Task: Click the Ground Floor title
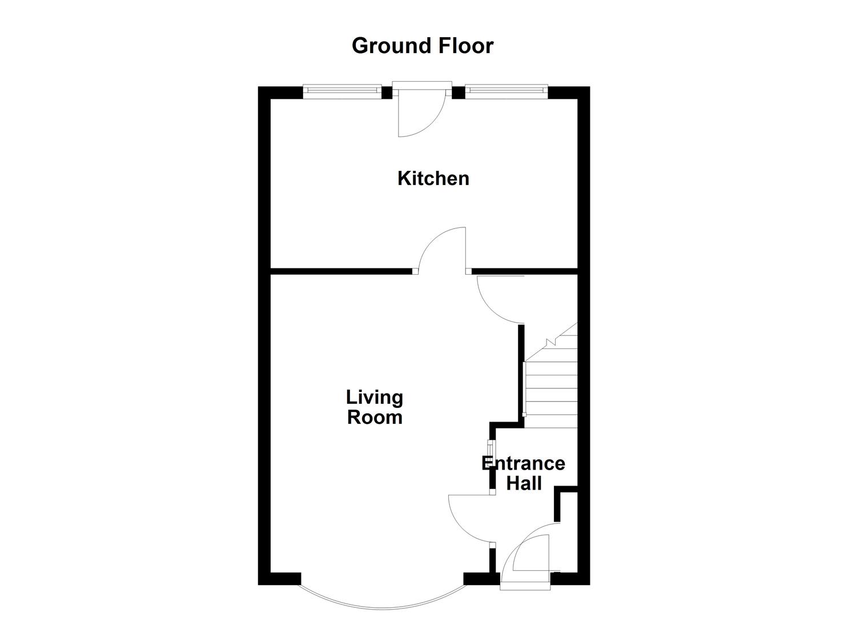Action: [x=422, y=46]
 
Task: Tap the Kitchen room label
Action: [x=433, y=178]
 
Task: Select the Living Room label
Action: [x=375, y=407]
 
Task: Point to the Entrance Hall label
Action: [x=524, y=473]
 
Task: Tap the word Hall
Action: [x=524, y=483]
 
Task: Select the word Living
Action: [x=375, y=397]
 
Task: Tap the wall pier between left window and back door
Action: [x=387, y=93]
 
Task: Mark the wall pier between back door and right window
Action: [x=459, y=93]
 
